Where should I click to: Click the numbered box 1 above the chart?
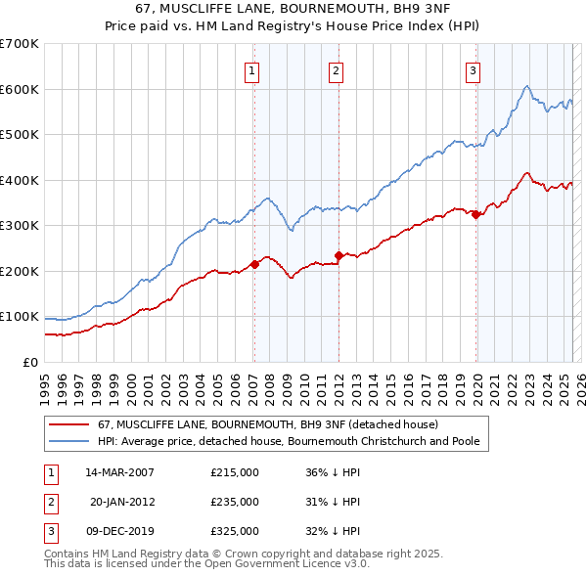click(x=252, y=70)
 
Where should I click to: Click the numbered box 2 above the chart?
click(x=336, y=70)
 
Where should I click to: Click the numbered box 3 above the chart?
click(x=473, y=70)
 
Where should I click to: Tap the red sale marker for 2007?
click(x=254, y=264)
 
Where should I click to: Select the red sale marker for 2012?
click(x=339, y=255)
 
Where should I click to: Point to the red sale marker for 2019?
click(x=475, y=215)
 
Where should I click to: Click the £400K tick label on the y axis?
click(x=19, y=180)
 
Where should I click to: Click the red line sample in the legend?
click(x=68, y=424)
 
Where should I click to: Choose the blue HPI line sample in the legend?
click(x=68, y=441)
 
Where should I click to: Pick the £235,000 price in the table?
click(x=235, y=502)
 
